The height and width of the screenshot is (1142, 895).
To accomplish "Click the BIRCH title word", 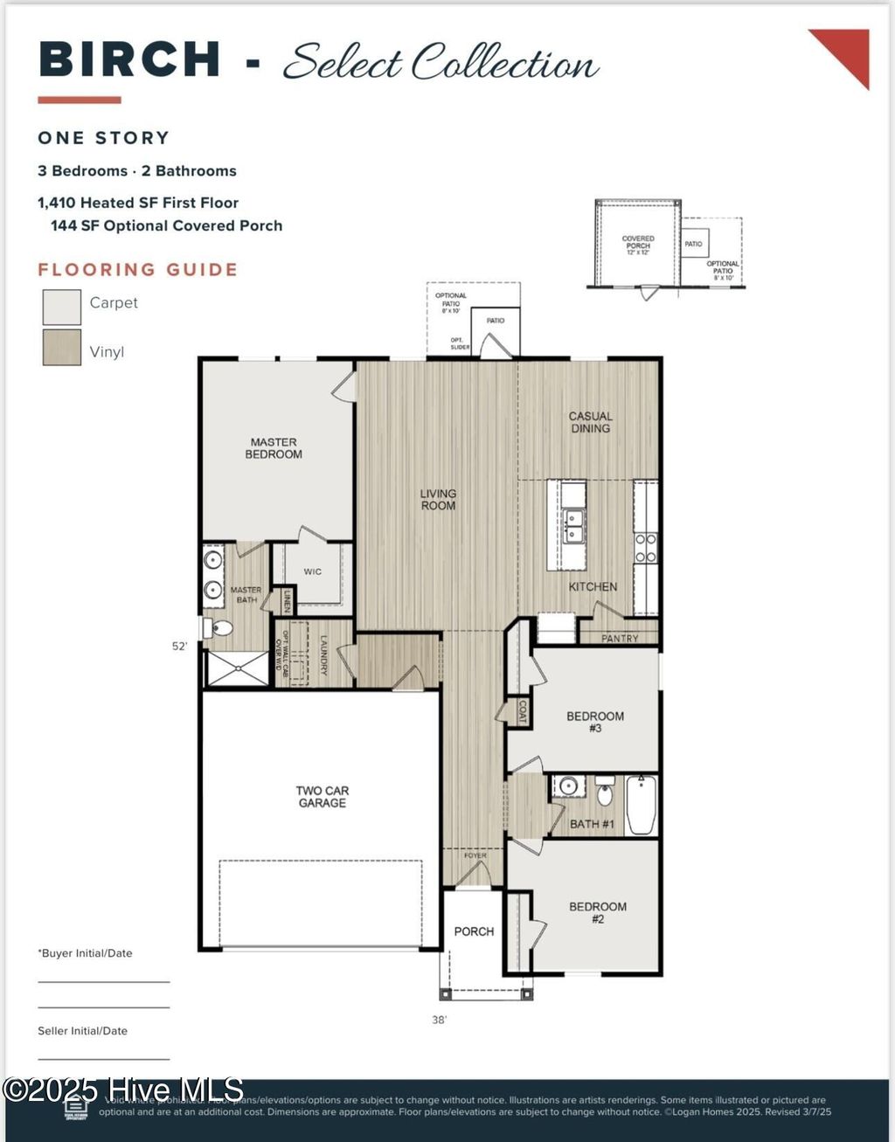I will coord(129,60).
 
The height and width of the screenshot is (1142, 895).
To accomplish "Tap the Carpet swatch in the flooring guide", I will coord(62,308).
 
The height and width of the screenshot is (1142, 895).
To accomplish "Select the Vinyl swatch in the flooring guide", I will coord(62,348).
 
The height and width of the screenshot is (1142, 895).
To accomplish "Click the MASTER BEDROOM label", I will coord(274,448).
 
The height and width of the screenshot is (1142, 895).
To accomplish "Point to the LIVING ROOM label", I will coord(438,500).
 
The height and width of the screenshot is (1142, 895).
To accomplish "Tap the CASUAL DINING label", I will coord(591,422).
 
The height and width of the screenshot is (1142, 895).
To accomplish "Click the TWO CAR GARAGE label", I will coord(322,797).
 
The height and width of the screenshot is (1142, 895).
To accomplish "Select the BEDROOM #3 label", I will coord(595,722).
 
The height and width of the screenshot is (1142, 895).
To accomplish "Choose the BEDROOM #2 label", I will coord(598,912).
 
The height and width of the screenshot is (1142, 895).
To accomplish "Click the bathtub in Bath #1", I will coord(642,805).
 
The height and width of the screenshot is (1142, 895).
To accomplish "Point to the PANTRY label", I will coord(620,639).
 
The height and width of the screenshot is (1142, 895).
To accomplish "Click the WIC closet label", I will coord(313,571).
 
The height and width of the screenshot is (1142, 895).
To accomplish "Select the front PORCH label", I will coord(474,931).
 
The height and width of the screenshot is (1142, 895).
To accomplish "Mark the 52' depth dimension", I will coord(179,647).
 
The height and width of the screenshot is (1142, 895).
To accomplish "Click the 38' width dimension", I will coord(439,1020).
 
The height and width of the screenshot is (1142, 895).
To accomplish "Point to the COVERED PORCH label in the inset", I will coord(638,243).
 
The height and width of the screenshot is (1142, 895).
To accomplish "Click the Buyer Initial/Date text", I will coord(86,953).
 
